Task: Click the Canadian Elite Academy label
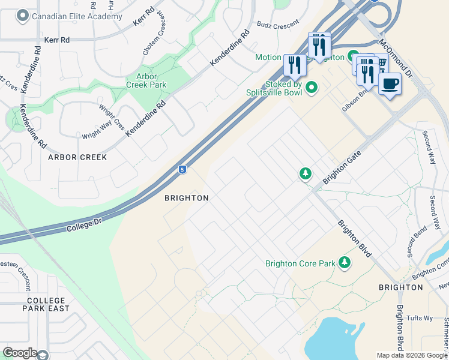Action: click(x=77, y=16)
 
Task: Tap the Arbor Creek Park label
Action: click(x=146, y=81)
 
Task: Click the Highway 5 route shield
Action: click(x=182, y=170)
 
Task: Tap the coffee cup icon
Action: click(x=390, y=83)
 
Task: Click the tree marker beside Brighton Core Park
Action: click(x=345, y=262)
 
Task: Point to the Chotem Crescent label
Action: click(x=154, y=35)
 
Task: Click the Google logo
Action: click(x=20, y=353)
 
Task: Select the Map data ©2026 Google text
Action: click(x=411, y=355)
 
